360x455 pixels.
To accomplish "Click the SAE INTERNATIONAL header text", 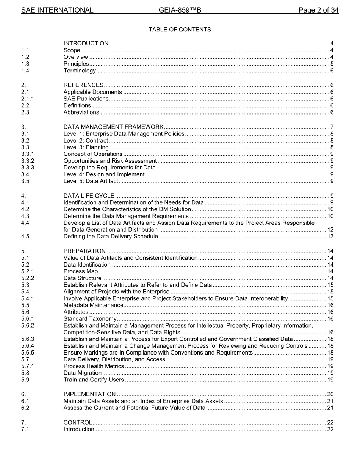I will point(57,10).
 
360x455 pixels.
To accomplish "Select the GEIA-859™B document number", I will point(180,10).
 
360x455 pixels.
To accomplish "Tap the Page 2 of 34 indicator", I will point(318,10).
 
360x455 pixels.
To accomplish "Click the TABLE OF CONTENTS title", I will point(180,30).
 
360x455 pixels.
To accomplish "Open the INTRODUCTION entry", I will point(86,44).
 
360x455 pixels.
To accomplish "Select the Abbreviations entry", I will point(81,112).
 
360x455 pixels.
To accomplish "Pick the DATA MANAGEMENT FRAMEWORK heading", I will point(113,127).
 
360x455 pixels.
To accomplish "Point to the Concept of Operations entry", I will point(93,154).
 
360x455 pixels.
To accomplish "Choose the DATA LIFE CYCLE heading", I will point(89,196).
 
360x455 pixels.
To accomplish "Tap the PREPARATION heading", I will point(85,251).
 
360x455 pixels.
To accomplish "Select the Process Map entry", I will point(81,271).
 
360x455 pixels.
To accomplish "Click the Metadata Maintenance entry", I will point(93,305).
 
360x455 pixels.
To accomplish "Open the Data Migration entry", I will point(83,373).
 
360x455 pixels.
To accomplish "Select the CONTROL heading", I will point(78,422).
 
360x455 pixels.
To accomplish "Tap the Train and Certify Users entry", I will point(94,380).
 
